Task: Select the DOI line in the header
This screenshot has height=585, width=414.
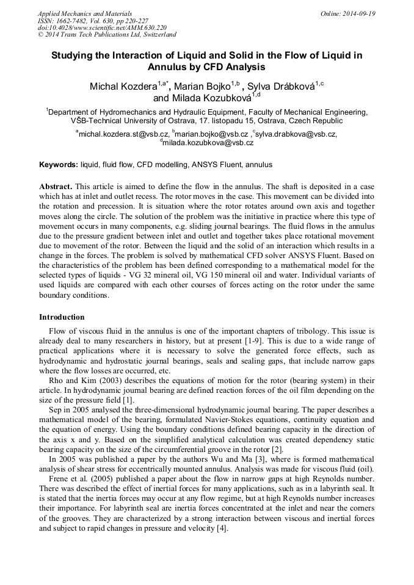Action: point(102,28)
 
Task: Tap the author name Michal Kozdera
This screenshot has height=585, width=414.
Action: point(123,87)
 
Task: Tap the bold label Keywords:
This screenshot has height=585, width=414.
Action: point(59,165)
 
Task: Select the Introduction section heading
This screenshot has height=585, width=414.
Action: point(62,317)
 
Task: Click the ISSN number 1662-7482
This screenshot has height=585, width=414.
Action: point(71,21)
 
